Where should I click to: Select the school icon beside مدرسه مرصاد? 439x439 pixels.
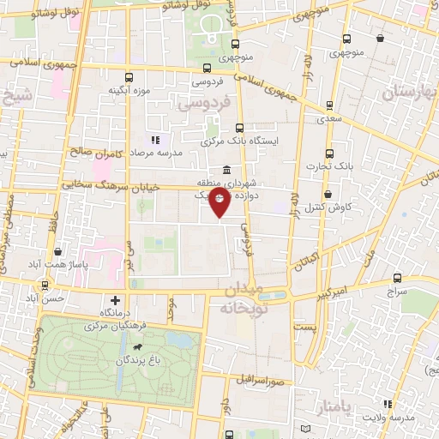[155, 140]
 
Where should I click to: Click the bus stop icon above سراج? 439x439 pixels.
[397, 278]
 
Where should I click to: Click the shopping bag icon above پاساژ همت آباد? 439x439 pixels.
[57, 251]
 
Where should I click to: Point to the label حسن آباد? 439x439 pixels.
[43, 298]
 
